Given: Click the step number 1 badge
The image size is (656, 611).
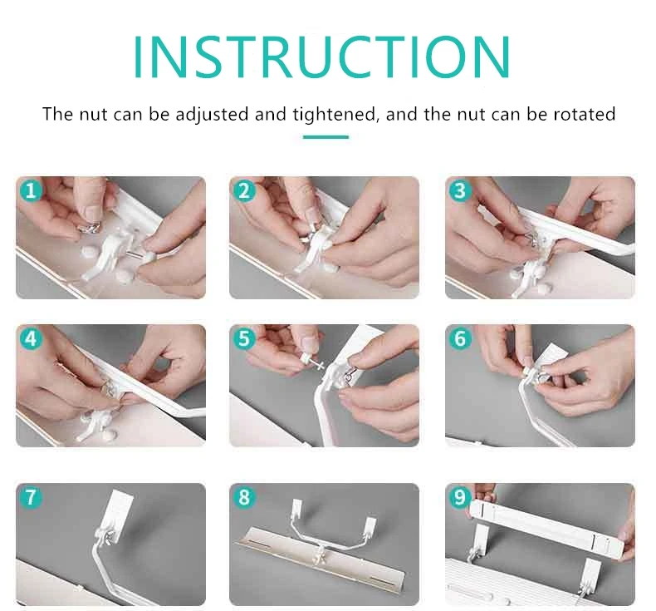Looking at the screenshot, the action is [x=31, y=191].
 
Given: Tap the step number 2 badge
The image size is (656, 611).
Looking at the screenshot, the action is [x=244, y=191].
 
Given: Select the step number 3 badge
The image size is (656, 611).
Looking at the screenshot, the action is [x=460, y=191].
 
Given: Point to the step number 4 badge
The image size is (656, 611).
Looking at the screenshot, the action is [x=31, y=338].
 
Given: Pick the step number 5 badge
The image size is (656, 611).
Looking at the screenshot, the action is [x=244, y=338].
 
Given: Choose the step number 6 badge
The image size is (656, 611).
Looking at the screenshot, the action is [x=460, y=338].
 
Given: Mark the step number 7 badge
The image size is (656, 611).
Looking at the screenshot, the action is [x=31, y=497].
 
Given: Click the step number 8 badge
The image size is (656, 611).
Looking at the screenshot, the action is [x=244, y=497].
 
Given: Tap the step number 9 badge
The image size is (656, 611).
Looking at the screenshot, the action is [x=460, y=497].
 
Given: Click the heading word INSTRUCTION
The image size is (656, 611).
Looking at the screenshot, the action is [x=321, y=57].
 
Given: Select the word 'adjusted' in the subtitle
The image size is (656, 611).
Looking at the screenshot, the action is [x=212, y=115].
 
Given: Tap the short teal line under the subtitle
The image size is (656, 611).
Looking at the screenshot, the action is [x=326, y=137].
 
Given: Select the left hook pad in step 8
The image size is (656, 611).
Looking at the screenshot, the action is [x=296, y=508].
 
